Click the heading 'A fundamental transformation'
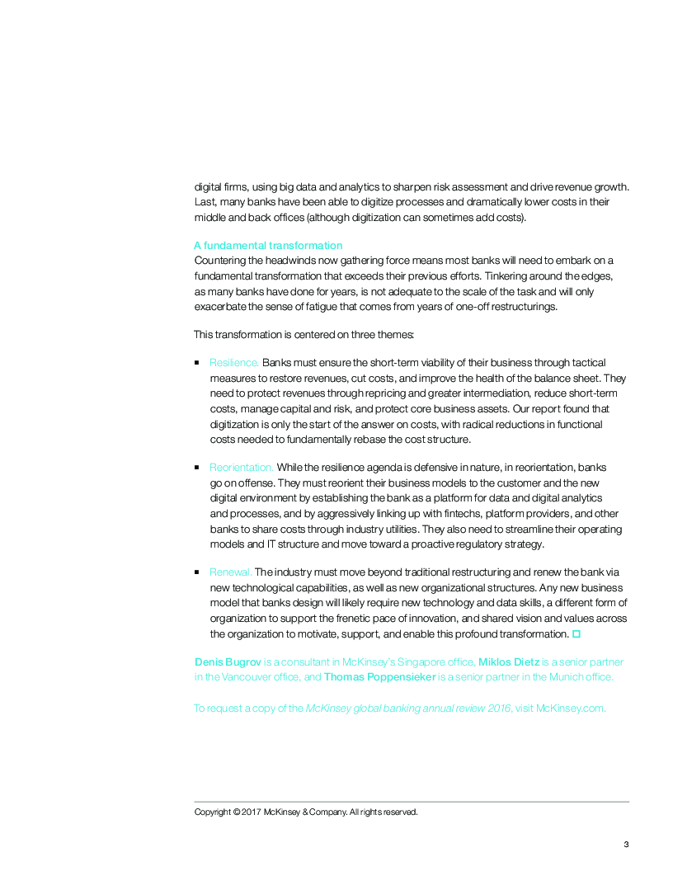268,245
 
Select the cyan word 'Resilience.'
234,362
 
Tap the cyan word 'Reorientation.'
242,468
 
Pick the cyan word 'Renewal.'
231,572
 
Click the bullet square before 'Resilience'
197,362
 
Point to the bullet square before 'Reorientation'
197,468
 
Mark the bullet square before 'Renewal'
197,572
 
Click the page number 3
626,844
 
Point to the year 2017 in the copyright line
252,812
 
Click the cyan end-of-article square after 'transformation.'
577,633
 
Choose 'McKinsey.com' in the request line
570,708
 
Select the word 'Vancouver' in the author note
246,677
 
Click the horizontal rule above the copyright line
412,801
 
